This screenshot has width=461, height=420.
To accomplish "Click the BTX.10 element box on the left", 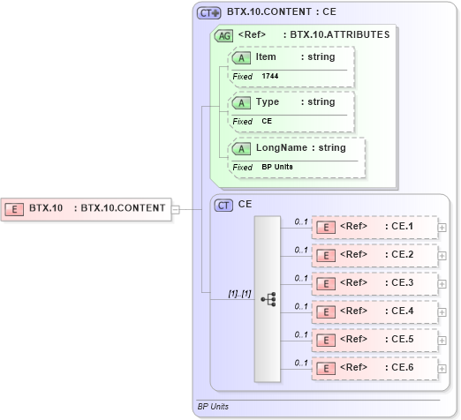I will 86,209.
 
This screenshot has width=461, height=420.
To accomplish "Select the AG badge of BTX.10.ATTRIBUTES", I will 224,35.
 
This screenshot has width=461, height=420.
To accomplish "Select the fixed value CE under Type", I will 267,121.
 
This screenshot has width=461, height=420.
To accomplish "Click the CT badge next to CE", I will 224,204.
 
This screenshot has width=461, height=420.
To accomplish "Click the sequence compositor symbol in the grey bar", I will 268,300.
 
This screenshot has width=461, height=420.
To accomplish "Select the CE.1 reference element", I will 374,228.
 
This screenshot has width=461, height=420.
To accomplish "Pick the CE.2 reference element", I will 374,255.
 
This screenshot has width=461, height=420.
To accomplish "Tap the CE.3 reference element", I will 374,283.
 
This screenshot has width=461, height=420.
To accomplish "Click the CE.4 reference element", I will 374,311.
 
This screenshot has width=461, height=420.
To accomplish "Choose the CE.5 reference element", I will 374,338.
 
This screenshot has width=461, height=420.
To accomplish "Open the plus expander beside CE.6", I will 442,366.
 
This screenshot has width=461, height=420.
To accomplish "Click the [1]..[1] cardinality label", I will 240,292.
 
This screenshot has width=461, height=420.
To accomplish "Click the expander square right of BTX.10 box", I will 175,209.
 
